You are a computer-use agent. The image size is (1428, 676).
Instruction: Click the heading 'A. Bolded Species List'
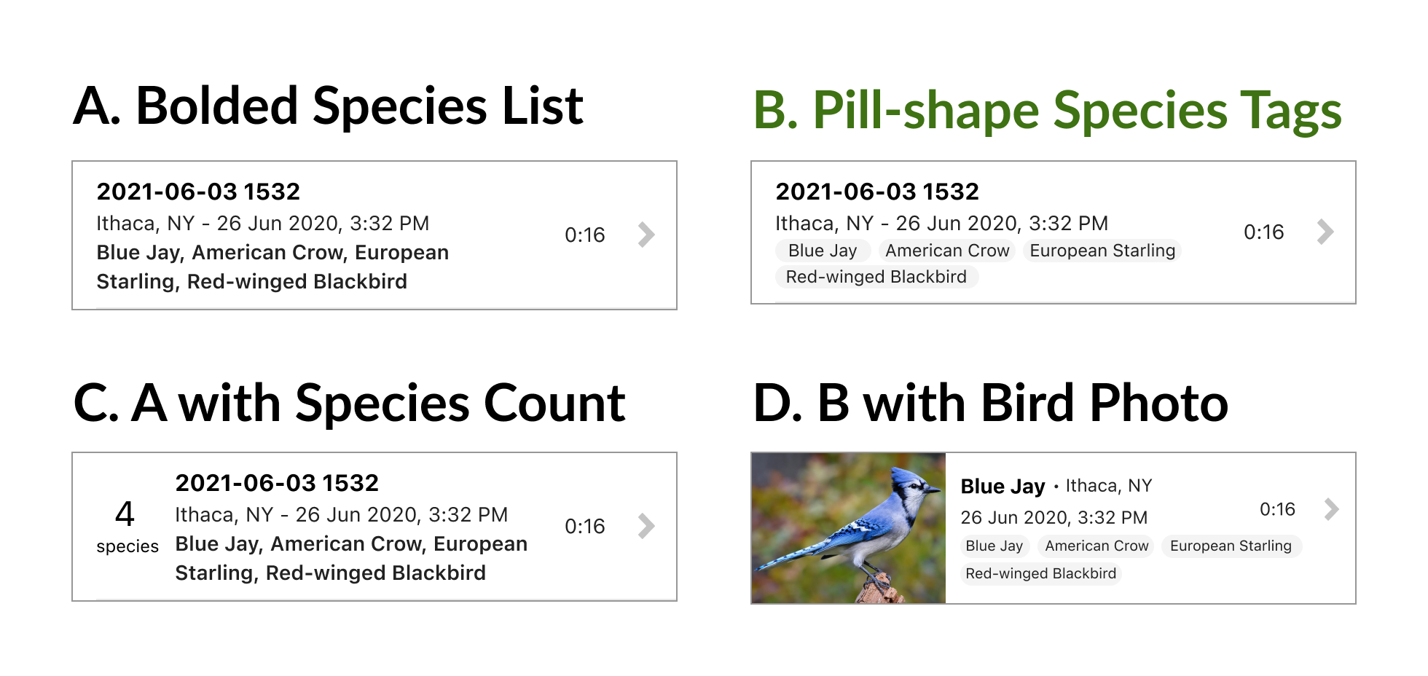coord(328,106)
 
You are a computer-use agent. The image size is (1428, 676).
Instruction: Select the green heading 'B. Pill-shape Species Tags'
coord(1047,111)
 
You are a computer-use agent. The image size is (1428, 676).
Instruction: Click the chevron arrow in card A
coord(646,235)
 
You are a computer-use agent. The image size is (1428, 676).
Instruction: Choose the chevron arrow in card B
coord(1325,232)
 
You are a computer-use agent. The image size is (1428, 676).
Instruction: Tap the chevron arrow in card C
coord(646,526)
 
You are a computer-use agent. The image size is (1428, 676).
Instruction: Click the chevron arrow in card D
coord(1331,508)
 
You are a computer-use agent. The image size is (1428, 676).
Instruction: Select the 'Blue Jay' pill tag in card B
coord(823,251)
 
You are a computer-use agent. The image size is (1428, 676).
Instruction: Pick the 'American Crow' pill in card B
coord(947,251)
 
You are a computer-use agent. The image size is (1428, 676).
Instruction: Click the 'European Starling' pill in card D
coord(1231,546)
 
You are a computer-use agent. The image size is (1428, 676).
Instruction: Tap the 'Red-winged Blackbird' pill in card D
coord(1040,573)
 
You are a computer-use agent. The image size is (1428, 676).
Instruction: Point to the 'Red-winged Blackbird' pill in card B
coord(876,277)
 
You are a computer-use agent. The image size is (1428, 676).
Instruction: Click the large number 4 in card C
coord(125,514)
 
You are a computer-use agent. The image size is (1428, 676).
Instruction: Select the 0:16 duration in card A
coord(584,235)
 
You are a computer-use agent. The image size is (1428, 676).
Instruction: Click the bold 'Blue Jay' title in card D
coord(1003,486)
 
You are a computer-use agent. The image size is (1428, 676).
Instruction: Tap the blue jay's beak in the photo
coord(933,490)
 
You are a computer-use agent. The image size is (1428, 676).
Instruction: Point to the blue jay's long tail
coord(790,555)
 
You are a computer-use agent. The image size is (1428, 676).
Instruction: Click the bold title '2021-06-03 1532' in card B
coord(876,192)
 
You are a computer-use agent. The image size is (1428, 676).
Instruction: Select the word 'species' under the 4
coord(127,546)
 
